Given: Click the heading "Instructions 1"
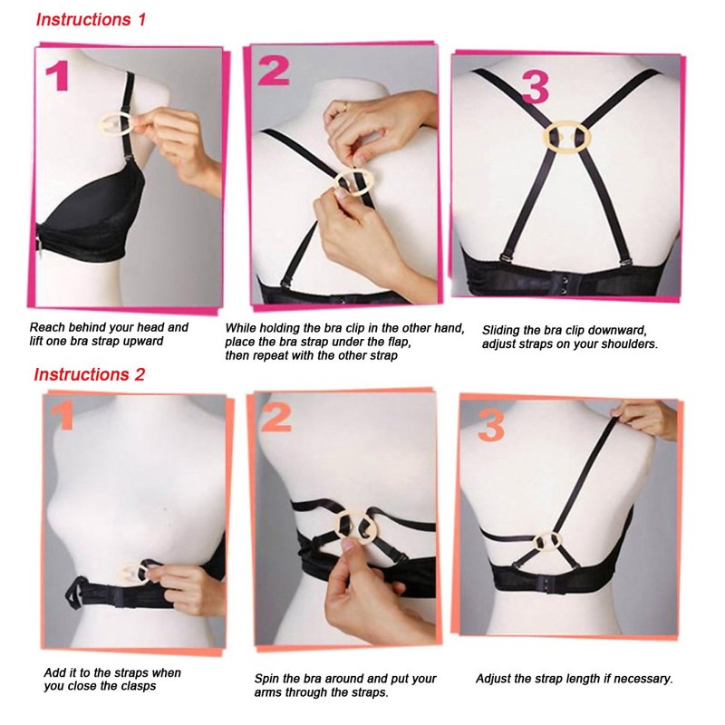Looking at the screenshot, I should (x=91, y=19).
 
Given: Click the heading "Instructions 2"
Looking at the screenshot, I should (x=89, y=374).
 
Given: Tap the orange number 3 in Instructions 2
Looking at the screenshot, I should (x=490, y=424).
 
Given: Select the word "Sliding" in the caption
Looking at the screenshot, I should (x=502, y=330).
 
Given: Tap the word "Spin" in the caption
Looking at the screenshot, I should (x=272, y=679).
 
